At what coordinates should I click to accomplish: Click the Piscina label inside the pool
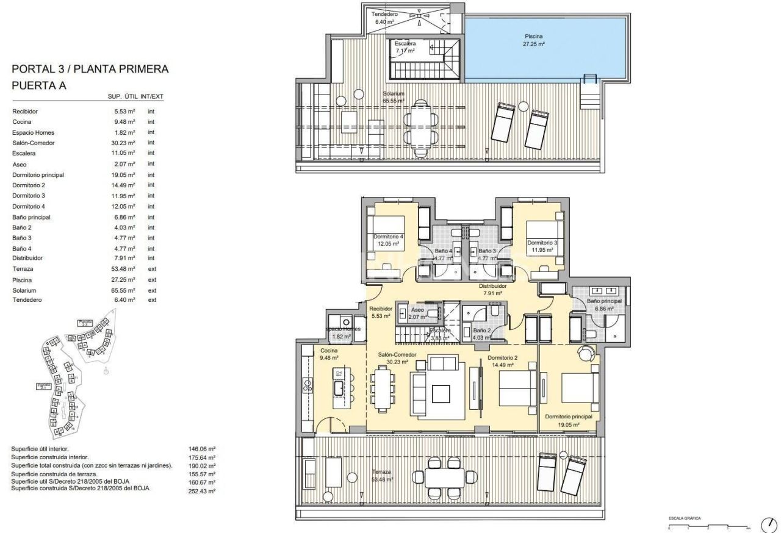pos(533,36)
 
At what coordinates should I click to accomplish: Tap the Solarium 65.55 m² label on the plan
pos(394,97)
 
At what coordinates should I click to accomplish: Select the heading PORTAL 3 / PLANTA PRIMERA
pos(90,70)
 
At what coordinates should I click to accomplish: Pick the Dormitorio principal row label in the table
pos(38,175)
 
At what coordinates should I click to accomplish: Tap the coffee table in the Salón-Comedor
pos(441,393)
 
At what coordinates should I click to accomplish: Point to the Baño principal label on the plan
pos(604,301)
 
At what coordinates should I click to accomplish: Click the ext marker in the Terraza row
pos(152,269)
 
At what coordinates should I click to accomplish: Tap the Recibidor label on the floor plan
pos(381,309)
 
